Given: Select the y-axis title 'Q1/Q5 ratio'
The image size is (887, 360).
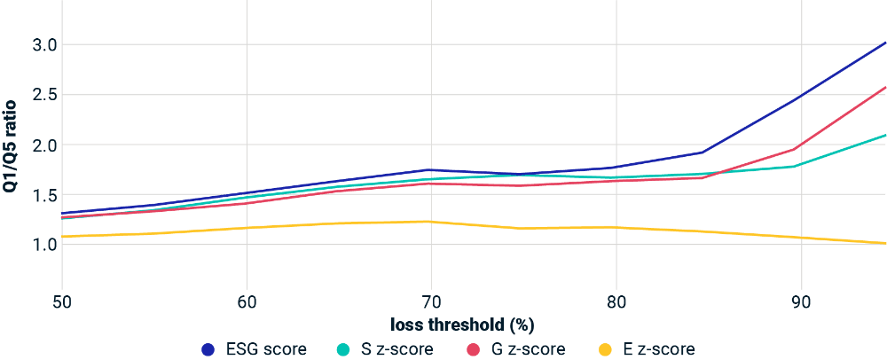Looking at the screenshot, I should pos(12,145).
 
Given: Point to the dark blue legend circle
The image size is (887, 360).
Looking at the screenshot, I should pos(209,349).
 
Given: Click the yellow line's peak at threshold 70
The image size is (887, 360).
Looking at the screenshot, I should pos(431,222).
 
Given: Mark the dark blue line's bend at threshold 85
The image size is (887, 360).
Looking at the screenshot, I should pos(703,152).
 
